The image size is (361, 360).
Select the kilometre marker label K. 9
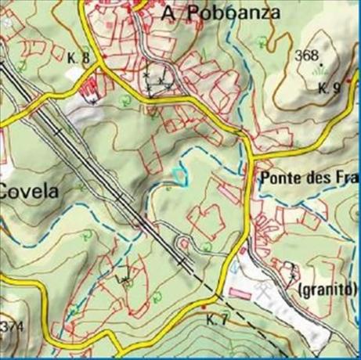point(330,88)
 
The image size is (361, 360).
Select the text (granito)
point(327,290)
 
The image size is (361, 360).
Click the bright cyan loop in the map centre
point(178,174)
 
